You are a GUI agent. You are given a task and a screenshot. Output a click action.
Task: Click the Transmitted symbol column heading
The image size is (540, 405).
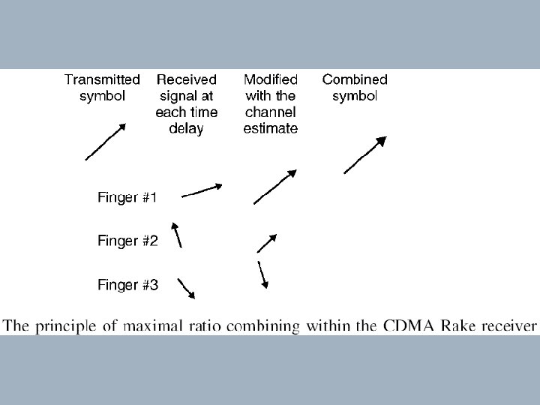(x=102, y=87)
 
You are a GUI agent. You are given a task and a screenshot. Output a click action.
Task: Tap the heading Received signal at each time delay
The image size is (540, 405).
(x=187, y=103)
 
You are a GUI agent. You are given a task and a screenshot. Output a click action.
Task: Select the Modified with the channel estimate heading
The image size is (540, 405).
(x=271, y=103)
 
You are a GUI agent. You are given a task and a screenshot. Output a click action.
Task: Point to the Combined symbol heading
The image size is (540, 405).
(x=355, y=87)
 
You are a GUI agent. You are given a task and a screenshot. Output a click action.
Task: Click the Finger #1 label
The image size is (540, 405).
(x=127, y=198)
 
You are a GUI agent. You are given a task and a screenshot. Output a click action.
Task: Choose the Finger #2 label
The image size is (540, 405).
(x=127, y=241)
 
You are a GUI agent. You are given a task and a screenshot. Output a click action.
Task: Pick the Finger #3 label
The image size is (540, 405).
(x=127, y=284)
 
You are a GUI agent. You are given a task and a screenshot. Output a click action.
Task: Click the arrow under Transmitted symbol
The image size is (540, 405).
(x=105, y=142)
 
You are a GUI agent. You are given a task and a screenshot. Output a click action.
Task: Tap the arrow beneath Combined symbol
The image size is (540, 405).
(x=365, y=155)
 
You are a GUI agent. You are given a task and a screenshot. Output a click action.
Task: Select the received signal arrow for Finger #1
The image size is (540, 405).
(x=202, y=190)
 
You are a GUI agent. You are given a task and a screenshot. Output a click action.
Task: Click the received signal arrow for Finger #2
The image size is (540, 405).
(x=177, y=234)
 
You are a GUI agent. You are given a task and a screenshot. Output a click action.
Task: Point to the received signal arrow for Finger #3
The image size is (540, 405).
(x=187, y=288)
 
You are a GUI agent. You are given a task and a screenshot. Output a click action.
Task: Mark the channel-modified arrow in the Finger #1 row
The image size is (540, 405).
(x=275, y=187)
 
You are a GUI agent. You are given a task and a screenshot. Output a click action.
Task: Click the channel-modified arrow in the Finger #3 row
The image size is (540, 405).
(x=262, y=274)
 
